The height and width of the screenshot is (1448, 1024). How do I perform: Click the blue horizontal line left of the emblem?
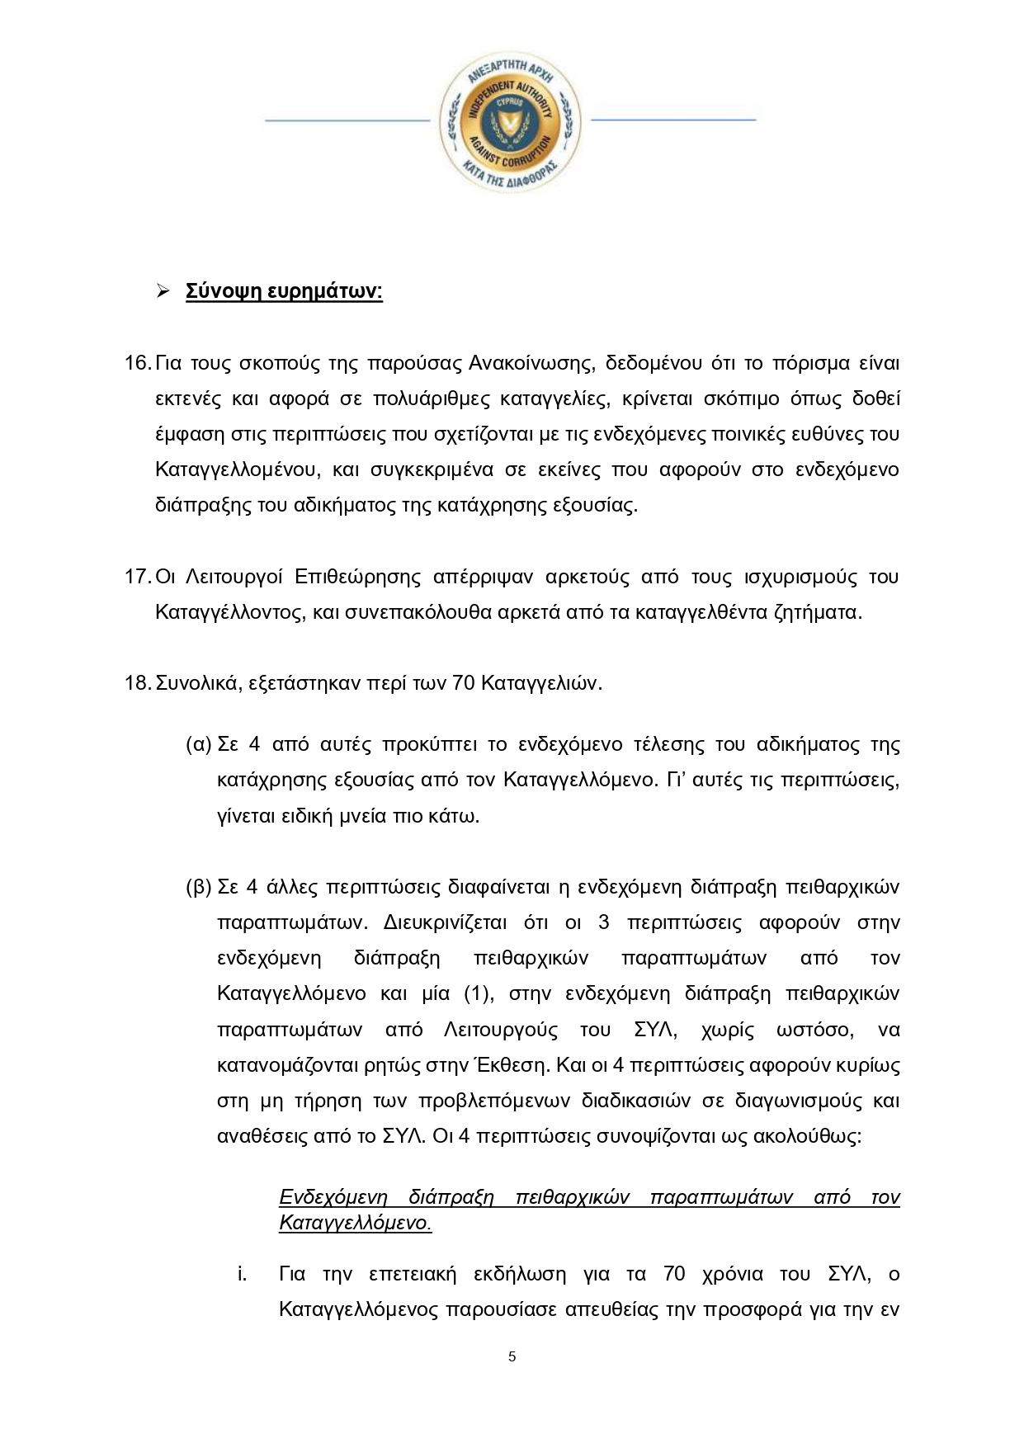[x=347, y=120]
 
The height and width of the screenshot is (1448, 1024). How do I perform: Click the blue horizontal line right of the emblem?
[x=673, y=120]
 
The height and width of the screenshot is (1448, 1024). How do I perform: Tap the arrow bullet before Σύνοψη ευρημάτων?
[x=163, y=291]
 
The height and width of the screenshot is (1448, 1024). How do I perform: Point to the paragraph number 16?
[x=137, y=363]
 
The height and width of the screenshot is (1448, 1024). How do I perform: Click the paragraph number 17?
[x=137, y=577]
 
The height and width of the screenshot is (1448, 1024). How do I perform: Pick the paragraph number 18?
[x=137, y=684]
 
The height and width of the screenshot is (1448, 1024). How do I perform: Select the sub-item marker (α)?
[x=199, y=745]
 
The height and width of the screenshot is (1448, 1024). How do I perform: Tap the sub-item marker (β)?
[x=199, y=888]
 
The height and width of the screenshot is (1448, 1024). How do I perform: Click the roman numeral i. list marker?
[x=242, y=1275]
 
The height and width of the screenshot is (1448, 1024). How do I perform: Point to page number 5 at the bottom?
[x=512, y=1357]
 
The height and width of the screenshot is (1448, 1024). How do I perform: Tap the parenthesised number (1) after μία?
[x=477, y=994]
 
